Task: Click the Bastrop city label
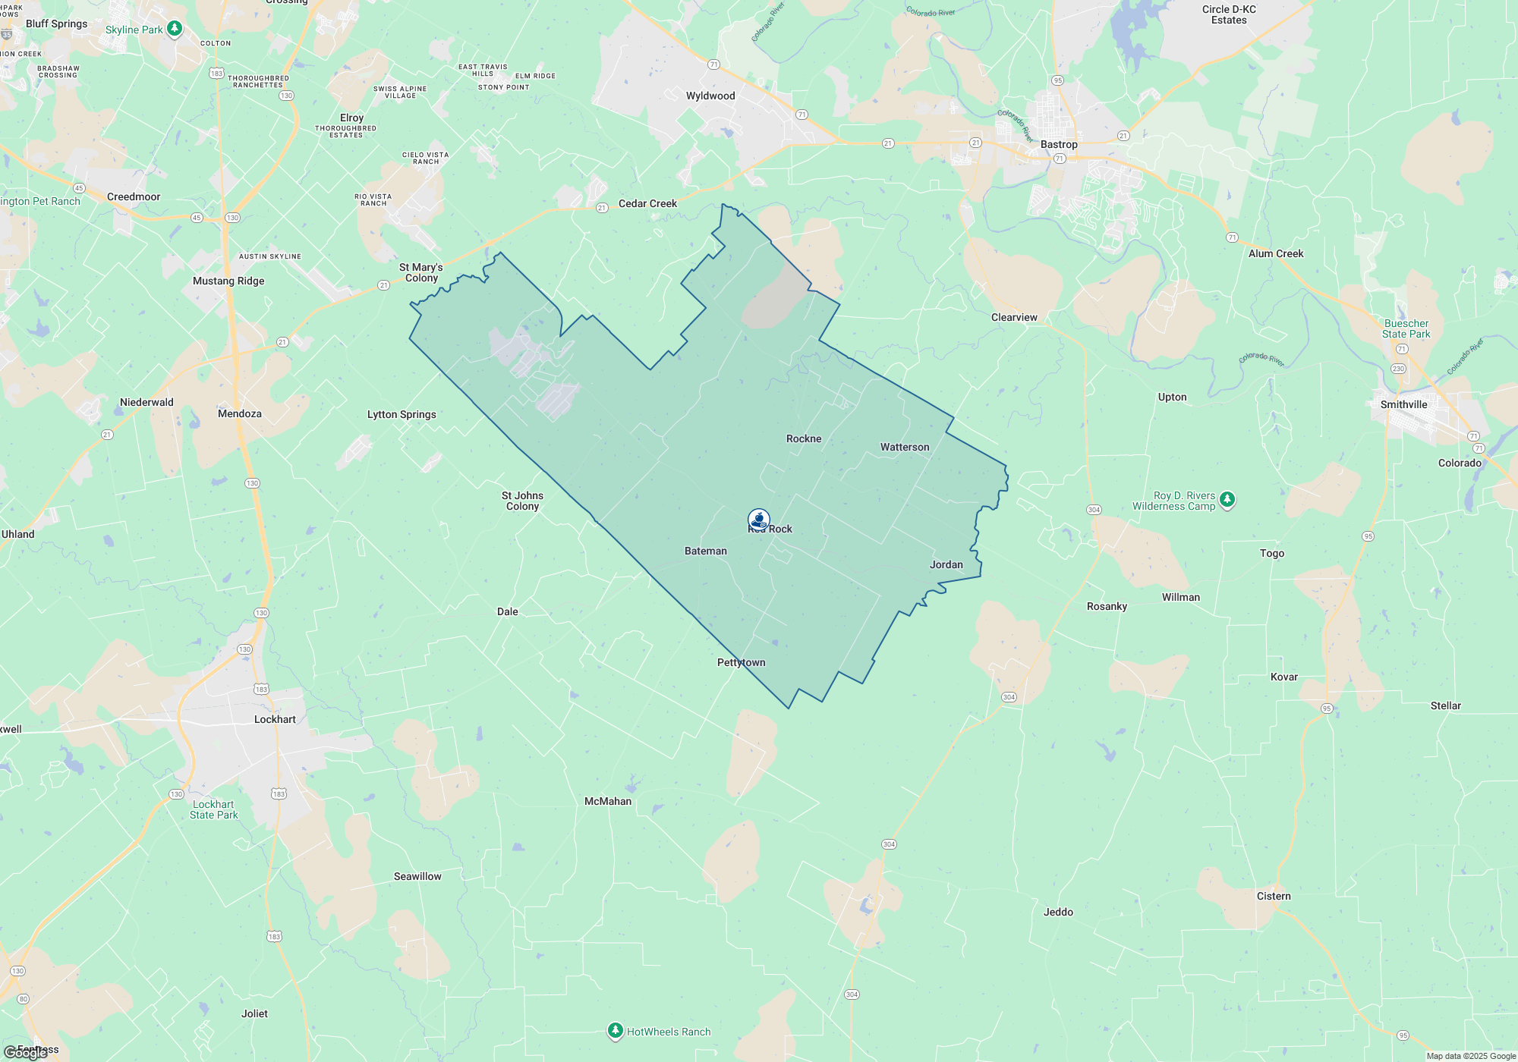[x=1059, y=144]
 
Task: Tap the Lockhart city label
[x=275, y=719]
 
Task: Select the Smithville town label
[x=1403, y=404]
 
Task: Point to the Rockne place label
[x=804, y=438]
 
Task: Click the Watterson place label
[x=905, y=447]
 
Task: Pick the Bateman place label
[x=706, y=551]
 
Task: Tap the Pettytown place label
[x=742, y=662]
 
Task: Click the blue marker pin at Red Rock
[x=759, y=520]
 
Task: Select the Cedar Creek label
[x=647, y=203]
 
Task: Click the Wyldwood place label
[x=710, y=96]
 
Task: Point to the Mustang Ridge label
[x=228, y=281]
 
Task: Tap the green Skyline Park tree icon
[x=175, y=29]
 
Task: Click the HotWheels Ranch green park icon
[x=616, y=1031]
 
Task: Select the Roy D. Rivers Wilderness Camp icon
[x=1227, y=500]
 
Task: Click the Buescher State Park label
[x=1406, y=328]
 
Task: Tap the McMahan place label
[x=608, y=801]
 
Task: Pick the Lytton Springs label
[x=402, y=414]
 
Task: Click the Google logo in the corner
[x=25, y=1052]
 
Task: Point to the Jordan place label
[x=946, y=564]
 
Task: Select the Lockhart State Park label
[x=213, y=809]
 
